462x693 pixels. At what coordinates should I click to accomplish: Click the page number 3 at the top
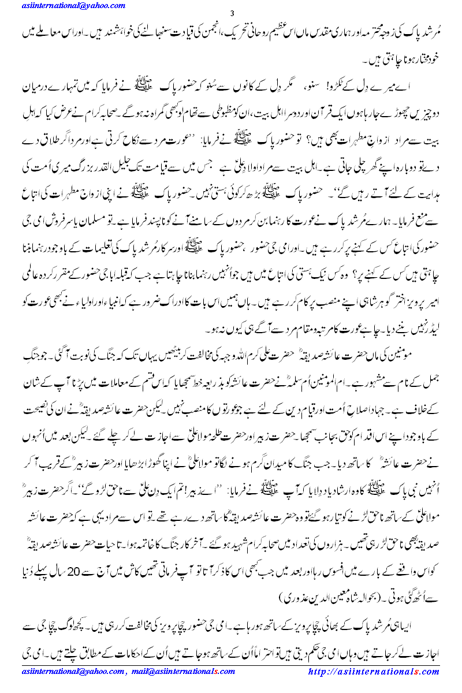(232, 13)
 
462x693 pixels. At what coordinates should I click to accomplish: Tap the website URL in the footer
(374, 672)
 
